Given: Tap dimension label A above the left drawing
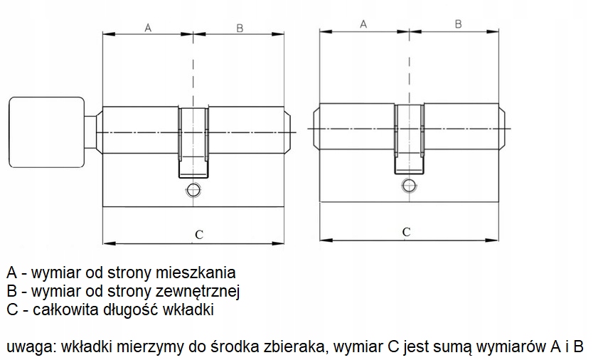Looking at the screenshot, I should (x=148, y=28).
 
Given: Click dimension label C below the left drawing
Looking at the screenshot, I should (x=199, y=234).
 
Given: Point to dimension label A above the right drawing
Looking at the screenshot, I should (x=363, y=23).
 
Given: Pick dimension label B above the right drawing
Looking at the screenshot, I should (x=458, y=23).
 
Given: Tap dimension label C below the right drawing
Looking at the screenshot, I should (x=406, y=231).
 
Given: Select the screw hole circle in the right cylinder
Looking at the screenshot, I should (x=407, y=186).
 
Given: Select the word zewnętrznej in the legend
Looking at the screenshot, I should (x=206, y=292).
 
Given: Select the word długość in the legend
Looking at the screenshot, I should (x=134, y=310).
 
